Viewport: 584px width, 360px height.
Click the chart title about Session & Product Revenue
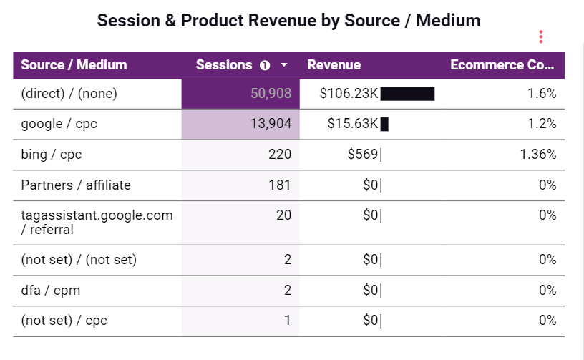pyautogui.click(x=288, y=21)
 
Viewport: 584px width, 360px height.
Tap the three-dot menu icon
pyautogui.click(x=541, y=37)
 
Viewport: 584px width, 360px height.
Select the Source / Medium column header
pyautogui.click(x=74, y=65)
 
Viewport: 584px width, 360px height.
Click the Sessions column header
pyautogui.click(x=224, y=65)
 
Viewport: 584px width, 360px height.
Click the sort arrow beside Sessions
pyautogui.click(x=284, y=65)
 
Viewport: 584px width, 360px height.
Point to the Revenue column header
pyautogui.click(x=334, y=65)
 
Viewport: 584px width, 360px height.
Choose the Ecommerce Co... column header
pyautogui.click(x=502, y=65)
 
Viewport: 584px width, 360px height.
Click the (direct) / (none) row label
pyautogui.click(x=69, y=94)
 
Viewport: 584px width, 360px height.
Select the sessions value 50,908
pyautogui.click(x=271, y=94)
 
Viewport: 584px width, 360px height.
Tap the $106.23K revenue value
pyautogui.click(x=349, y=94)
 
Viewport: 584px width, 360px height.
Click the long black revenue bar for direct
pyautogui.click(x=407, y=94)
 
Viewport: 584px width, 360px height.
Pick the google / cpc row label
pyautogui.click(x=59, y=124)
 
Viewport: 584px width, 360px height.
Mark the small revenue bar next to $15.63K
pyautogui.click(x=384, y=125)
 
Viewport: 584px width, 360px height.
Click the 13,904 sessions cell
pyautogui.click(x=271, y=124)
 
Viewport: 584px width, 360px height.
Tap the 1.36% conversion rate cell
pyautogui.click(x=537, y=155)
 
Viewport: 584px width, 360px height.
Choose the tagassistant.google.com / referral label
pyautogui.click(x=97, y=222)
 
